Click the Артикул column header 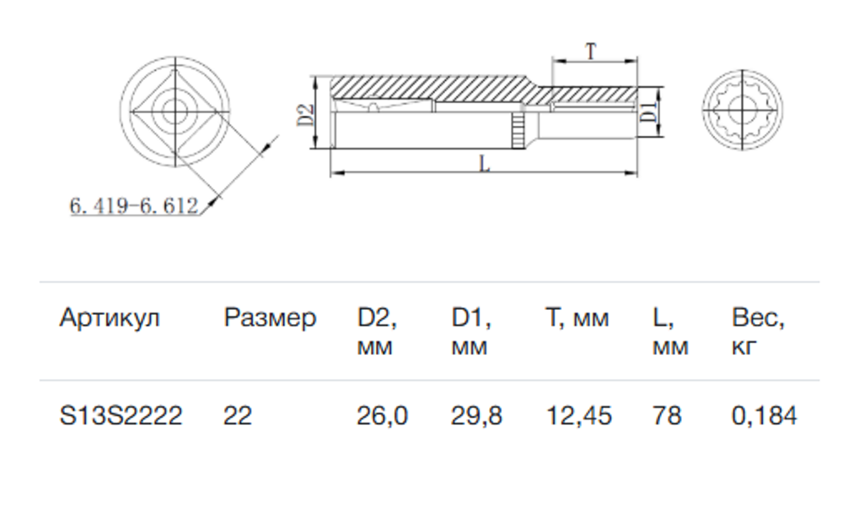pos(109,319)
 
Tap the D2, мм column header pos(377,332)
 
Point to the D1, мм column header pos(471,332)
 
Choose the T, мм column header pos(577,319)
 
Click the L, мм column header pos(671,332)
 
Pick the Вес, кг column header pos(758,332)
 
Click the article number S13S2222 pos(121,415)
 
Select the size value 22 pos(238,415)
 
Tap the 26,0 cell pos(382,416)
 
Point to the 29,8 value pos(477,416)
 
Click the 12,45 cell pos(579,416)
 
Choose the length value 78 pos(667,415)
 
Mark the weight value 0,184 pos(764,416)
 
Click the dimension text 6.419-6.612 pos(134,206)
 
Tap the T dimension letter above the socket pos(590,51)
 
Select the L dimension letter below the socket pos(485,164)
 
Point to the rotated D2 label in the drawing pos(306,115)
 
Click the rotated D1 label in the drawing pos(648,112)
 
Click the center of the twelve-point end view pos(742,111)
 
